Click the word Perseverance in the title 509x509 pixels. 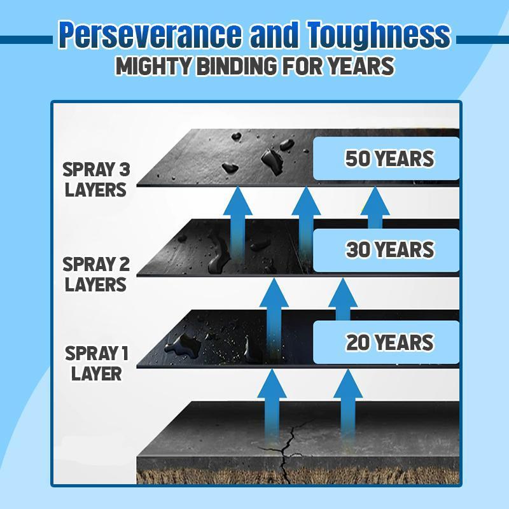pyautogui.click(x=150, y=36)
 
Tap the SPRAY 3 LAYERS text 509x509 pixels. pyautogui.click(x=96, y=179)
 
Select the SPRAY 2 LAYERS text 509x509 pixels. pyautogui.click(x=96, y=274)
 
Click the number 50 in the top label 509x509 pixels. pyautogui.click(x=358, y=158)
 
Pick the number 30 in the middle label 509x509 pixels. pyautogui.click(x=358, y=250)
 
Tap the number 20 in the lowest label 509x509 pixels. pyautogui.click(x=358, y=342)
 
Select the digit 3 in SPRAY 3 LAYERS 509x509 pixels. pyautogui.click(x=123, y=170)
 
